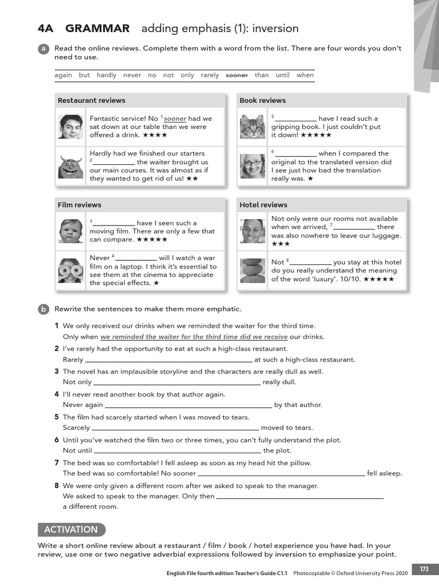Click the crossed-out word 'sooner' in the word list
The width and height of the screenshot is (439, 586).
pos(237,75)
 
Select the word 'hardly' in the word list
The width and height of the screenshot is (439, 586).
pos(106,75)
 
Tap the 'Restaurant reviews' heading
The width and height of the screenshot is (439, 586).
pos(91,101)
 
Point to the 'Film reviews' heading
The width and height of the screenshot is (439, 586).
pos(79,205)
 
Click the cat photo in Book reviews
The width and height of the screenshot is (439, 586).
pos(252,126)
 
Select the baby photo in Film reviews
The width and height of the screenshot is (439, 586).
pos(71,231)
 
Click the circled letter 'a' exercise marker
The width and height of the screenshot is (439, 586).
pos(43,49)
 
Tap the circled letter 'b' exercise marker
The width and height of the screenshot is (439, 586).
pos(43,310)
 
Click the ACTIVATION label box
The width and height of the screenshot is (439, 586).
pos(71,529)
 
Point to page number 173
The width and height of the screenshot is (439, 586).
pos(424,569)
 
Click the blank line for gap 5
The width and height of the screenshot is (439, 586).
pos(296,120)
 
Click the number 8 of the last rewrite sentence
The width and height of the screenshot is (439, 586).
pos(57,486)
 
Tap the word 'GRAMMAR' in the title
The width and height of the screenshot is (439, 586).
pos(98,29)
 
